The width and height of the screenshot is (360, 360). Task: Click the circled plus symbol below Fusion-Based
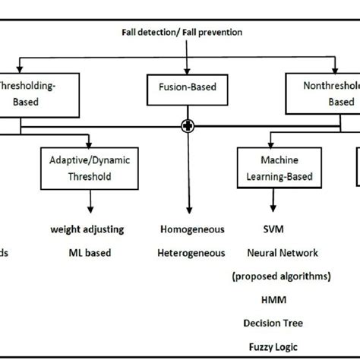(x=185, y=125)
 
